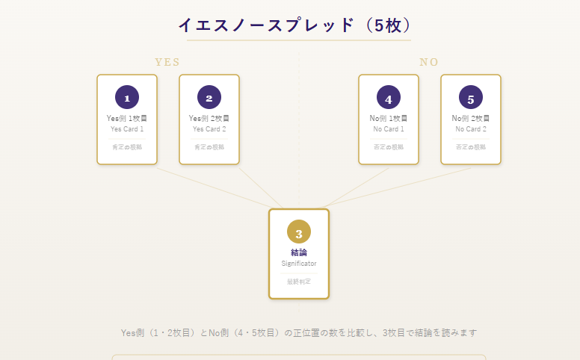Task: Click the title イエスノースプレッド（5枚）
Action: pyautogui.click(x=294, y=25)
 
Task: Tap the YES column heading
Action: pyautogui.click(x=167, y=62)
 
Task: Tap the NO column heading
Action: pyautogui.click(x=429, y=62)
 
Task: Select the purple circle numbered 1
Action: pyautogui.click(x=127, y=98)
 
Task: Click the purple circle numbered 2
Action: pyautogui.click(x=209, y=98)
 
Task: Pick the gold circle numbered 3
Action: pyautogui.click(x=299, y=232)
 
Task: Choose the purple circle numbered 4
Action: pyautogui.click(x=389, y=98)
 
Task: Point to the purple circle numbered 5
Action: pyautogui.click(x=471, y=98)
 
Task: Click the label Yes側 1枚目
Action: pyautogui.click(x=127, y=118)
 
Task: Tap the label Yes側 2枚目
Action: pyautogui.click(x=209, y=118)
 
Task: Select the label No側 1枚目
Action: pyautogui.click(x=389, y=118)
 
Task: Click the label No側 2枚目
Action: pyautogui.click(x=471, y=118)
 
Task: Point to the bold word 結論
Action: pyautogui.click(x=299, y=252)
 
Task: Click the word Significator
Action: pyautogui.click(x=299, y=264)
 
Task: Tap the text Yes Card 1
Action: pyautogui.click(x=127, y=129)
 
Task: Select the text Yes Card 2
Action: pyautogui.click(x=209, y=129)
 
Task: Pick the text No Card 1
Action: pyautogui.click(x=389, y=129)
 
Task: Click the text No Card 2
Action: pyautogui.click(x=471, y=129)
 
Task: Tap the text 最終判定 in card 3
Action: pyautogui.click(x=299, y=282)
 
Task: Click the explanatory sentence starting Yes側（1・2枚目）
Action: pyautogui.click(x=299, y=332)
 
